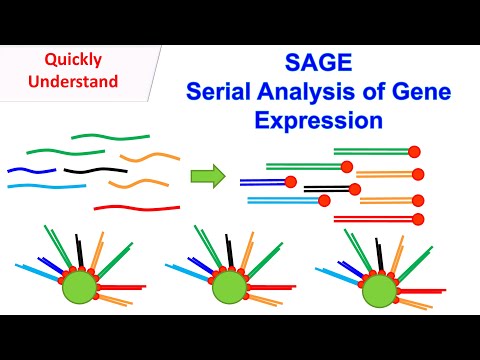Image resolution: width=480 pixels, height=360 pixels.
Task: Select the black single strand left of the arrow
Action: pos(88,171)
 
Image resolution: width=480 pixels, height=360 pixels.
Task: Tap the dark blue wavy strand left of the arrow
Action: pos(32,171)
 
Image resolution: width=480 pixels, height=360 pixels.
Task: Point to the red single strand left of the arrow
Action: pos(136,208)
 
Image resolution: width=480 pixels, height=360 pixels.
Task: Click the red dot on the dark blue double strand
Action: pos(291,182)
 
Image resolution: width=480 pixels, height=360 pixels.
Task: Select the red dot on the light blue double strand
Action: pos(324,201)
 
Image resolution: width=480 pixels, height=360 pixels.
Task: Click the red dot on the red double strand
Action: pos(418,219)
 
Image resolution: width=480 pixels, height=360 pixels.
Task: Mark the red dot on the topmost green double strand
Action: pos(414,151)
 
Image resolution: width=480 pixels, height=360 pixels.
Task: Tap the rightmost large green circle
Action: pos(378,290)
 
